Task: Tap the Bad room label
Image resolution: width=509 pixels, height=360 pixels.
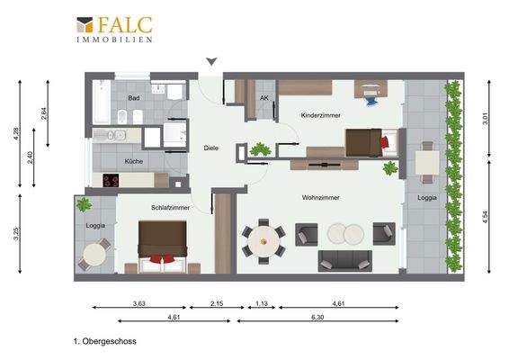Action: (133, 98)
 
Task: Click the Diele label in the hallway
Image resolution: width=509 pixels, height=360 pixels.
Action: (211, 148)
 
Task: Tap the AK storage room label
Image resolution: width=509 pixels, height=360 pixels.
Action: (264, 98)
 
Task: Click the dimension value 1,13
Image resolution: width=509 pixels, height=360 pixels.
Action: (262, 304)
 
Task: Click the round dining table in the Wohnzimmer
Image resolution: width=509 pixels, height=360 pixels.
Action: (263, 238)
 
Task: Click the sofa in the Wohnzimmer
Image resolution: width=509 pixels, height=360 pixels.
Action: (344, 260)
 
